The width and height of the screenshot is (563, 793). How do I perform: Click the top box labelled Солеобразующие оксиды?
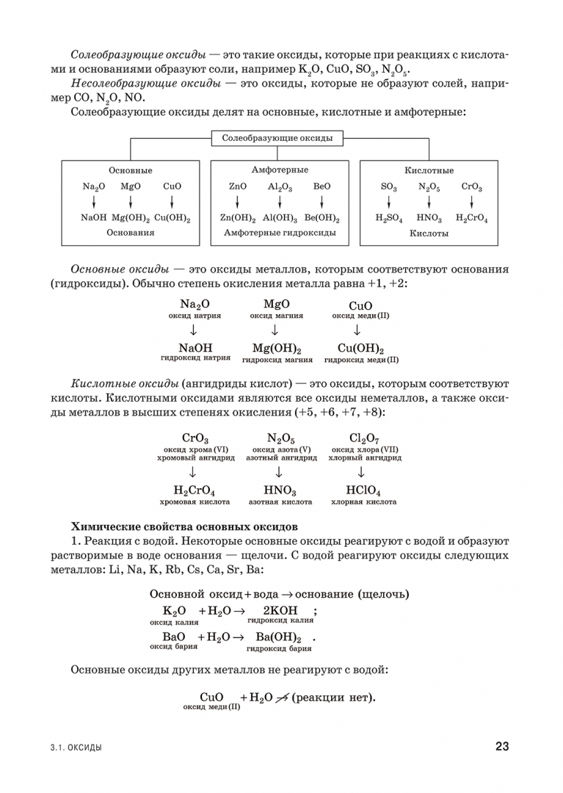(277, 138)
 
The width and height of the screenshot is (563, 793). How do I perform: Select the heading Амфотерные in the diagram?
(280, 170)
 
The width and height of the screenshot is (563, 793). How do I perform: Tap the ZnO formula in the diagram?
(238, 187)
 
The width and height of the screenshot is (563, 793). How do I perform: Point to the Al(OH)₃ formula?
(280, 218)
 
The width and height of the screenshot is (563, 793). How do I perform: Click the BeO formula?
(322, 187)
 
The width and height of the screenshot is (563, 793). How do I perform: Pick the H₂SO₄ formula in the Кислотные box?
(389, 218)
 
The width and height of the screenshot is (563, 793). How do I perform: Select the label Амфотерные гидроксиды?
(280, 233)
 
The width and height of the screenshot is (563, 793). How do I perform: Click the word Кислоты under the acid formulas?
(429, 233)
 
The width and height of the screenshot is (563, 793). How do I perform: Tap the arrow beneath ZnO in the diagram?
(238, 202)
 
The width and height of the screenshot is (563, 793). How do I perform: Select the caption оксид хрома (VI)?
(196, 449)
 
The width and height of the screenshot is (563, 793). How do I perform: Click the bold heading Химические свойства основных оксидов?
(184, 526)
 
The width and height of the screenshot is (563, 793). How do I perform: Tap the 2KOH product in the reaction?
(280, 611)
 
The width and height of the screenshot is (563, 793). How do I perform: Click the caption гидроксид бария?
(279, 649)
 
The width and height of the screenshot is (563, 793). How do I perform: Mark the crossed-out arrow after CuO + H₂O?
(280, 698)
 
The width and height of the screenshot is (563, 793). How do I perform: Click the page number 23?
(501, 747)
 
